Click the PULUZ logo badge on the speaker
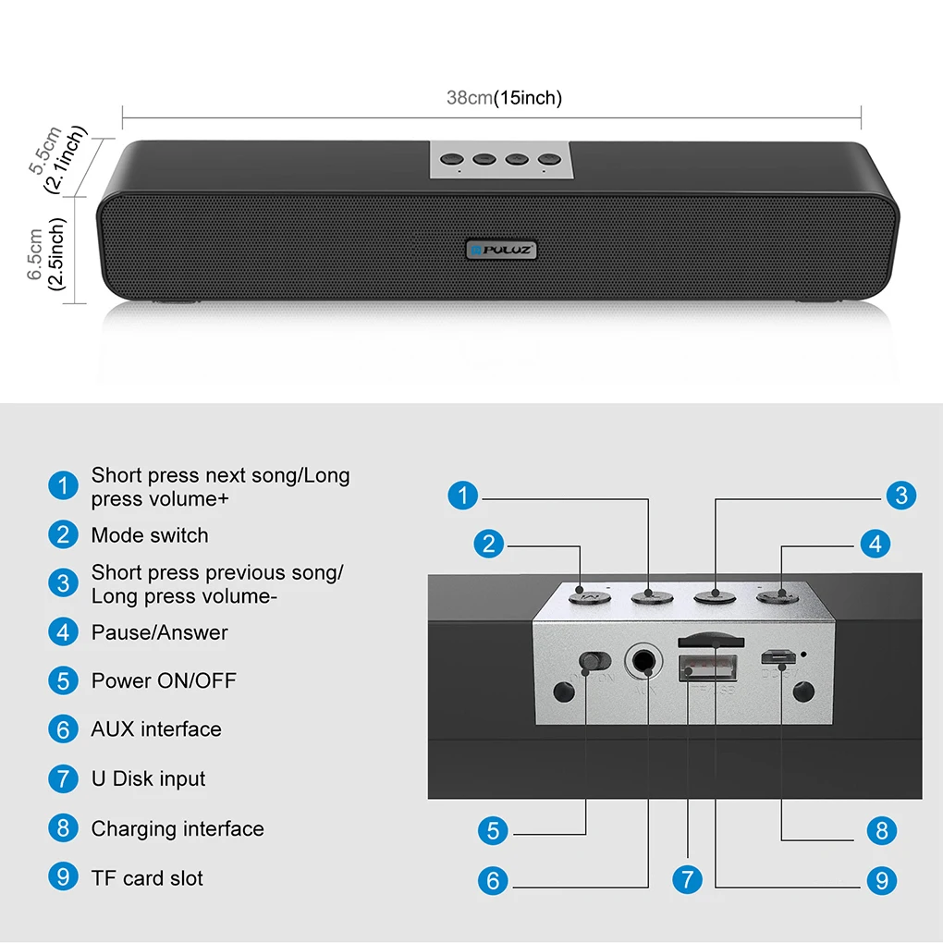pyautogui.click(x=501, y=249)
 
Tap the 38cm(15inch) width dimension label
pyautogui.click(x=504, y=98)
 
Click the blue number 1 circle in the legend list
pyautogui.click(x=63, y=485)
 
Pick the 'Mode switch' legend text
pyautogui.click(x=150, y=535)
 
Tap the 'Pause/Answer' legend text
pyautogui.click(x=159, y=632)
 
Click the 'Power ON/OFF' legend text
pyautogui.click(x=164, y=681)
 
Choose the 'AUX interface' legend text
pyautogui.click(x=156, y=729)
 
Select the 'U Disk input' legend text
pyautogui.click(x=148, y=778)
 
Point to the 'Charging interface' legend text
pyautogui.click(x=178, y=828)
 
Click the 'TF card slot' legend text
pyautogui.click(x=147, y=878)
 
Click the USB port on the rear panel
pyautogui.click(x=708, y=667)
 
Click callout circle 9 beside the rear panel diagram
pyautogui.click(x=882, y=879)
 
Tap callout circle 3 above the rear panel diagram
pyautogui.click(x=901, y=496)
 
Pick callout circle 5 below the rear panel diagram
pyautogui.click(x=493, y=831)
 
